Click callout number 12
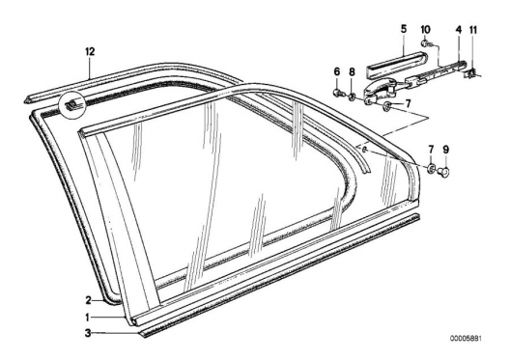90,51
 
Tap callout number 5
404,29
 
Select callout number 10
425,30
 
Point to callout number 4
458,30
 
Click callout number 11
473,30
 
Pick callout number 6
337,71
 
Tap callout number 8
352,71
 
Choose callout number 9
445,150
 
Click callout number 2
88,300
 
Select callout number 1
88,317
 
